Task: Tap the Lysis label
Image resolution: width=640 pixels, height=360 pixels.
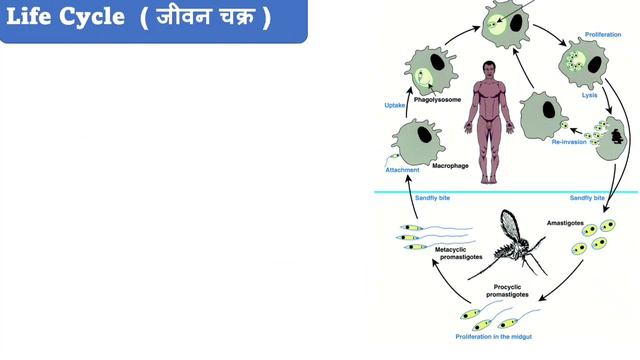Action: pyautogui.click(x=589, y=96)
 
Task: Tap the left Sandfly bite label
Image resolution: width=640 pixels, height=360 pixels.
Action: pyautogui.click(x=433, y=199)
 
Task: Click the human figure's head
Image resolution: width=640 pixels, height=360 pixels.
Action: pyautogui.click(x=489, y=69)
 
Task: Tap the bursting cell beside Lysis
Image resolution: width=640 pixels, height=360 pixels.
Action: pyautogui.click(x=610, y=132)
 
